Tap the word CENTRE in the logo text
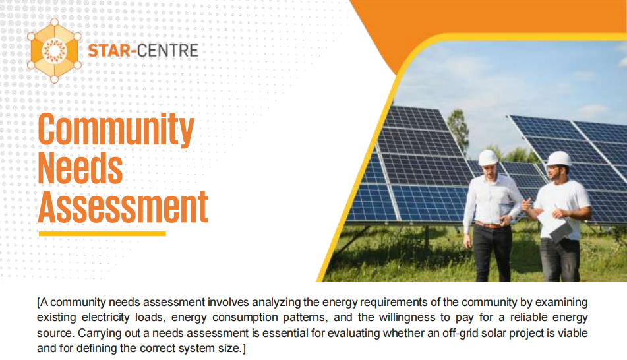(167, 49)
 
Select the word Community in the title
(116, 131)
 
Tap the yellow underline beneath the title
(102, 233)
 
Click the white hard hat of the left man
(488, 158)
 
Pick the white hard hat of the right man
(559, 159)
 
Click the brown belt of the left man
(489, 225)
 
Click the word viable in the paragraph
(571, 333)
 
